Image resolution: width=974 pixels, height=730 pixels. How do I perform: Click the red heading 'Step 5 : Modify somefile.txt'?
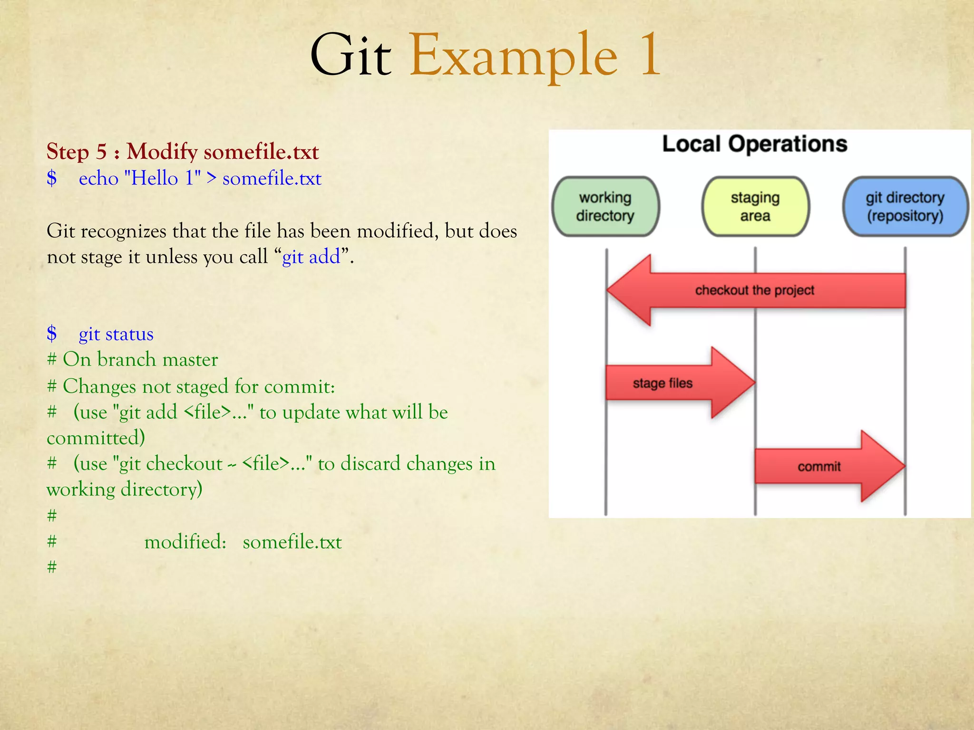pyautogui.click(x=183, y=152)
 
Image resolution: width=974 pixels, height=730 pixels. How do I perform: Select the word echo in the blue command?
pyautogui.click(x=98, y=179)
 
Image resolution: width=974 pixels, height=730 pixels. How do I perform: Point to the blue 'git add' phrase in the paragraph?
pyautogui.click(x=311, y=257)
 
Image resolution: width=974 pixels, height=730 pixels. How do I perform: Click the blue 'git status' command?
pyautogui.click(x=116, y=334)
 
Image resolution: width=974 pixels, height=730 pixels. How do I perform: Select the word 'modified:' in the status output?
pyautogui.click(x=185, y=542)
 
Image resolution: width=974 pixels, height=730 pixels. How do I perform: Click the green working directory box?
pyautogui.click(x=605, y=207)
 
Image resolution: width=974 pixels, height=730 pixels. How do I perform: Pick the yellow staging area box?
pyautogui.click(x=755, y=207)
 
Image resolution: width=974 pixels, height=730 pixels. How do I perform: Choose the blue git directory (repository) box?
pyautogui.click(x=905, y=207)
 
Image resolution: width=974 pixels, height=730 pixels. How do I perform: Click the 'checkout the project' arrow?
pyautogui.click(x=755, y=290)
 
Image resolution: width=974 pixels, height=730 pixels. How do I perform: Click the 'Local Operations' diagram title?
pyautogui.click(x=755, y=144)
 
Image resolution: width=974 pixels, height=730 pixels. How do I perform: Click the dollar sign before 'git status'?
pyautogui.click(x=52, y=334)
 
